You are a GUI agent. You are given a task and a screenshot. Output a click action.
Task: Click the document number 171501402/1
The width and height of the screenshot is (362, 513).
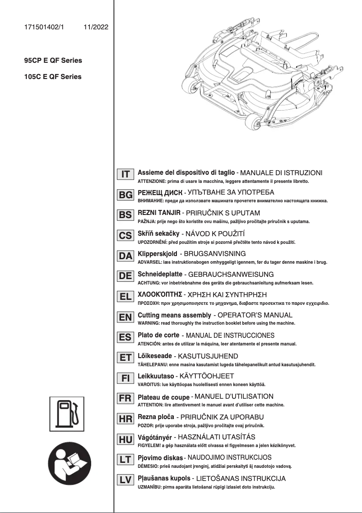pos(44,27)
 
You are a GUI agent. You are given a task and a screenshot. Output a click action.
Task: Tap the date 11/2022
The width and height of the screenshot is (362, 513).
pos(96,27)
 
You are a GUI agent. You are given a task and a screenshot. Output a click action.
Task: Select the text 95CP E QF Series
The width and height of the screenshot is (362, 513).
pos(53,60)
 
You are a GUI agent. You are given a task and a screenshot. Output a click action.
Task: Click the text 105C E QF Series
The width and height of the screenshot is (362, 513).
pos(53,77)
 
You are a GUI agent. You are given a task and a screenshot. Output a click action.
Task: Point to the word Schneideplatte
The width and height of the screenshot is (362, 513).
pos(160,274)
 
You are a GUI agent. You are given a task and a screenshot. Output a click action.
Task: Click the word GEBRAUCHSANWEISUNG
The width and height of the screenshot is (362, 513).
pos(230,274)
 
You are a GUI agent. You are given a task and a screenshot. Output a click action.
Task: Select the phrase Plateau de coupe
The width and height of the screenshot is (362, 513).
pos(163,397)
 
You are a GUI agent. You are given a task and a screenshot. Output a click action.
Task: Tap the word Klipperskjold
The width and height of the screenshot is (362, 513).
pos(157,254)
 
